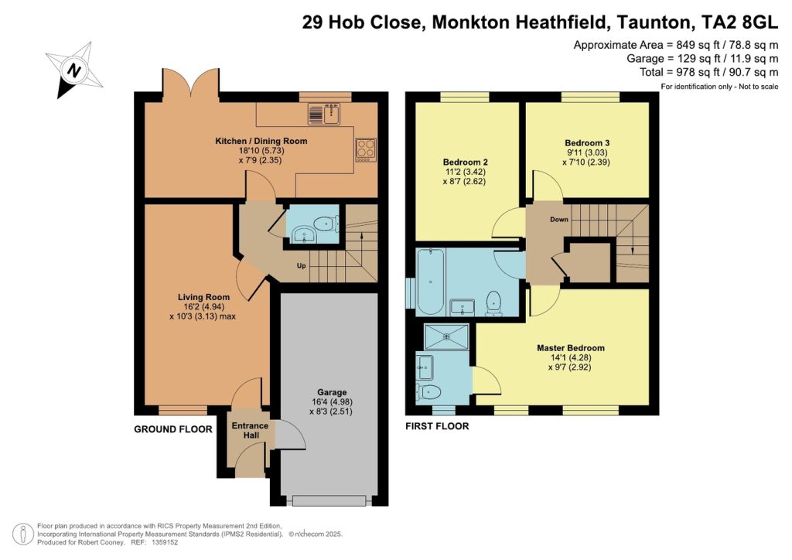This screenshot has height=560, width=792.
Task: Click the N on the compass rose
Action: tap(75, 70)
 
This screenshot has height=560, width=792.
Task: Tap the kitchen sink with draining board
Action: tap(324, 114)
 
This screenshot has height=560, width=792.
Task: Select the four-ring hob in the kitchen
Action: tap(366, 150)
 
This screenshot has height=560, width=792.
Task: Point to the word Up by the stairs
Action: tap(301, 265)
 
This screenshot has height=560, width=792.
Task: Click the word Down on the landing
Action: tap(559, 219)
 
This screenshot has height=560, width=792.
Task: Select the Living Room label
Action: tap(203, 298)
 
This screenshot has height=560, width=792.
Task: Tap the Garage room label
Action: tap(332, 392)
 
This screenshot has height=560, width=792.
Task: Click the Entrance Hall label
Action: tap(250, 430)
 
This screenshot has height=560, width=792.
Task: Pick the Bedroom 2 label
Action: tap(465, 162)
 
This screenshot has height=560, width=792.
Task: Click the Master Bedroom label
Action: tap(570, 348)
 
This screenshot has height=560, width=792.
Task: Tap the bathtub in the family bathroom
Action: tap(430, 281)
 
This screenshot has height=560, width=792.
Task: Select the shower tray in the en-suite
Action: tap(446, 336)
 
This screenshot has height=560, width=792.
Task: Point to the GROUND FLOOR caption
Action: tap(172, 429)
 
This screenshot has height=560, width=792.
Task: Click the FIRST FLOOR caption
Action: tap(437, 426)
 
